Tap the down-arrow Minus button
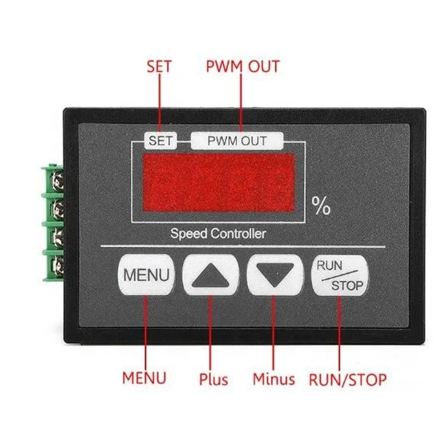tap(274, 276)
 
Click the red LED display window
tap(219, 183)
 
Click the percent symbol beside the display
tap(321, 206)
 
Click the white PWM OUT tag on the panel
tap(237, 141)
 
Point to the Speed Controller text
tap(218, 234)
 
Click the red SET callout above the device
tap(159, 66)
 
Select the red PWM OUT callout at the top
tap(242, 66)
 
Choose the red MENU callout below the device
tap(145, 378)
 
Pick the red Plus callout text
tap(213, 380)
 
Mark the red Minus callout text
tap(274, 380)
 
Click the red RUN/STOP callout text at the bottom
tap(348, 380)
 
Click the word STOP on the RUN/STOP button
tap(347, 285)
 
